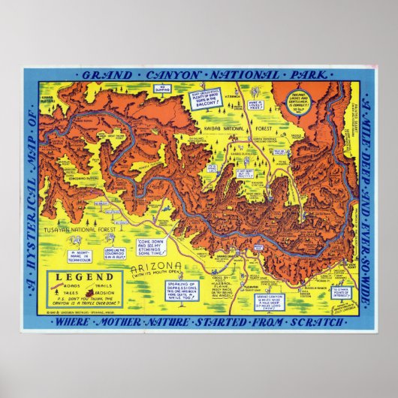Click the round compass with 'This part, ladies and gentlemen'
click(x=297, y=98)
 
